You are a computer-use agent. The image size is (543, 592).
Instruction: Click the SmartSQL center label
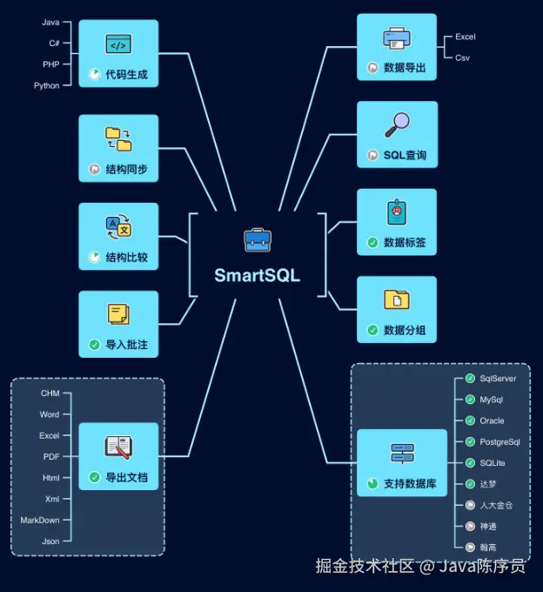pyautogui.click(x=257, y=275)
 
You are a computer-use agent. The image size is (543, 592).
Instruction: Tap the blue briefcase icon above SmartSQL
pyautogui.click(x=257, y=239)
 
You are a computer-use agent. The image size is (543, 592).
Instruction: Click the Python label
pyautogui.click(x=47, y=85)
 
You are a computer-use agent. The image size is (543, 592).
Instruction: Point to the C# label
pyautogui.click(x=54, y=43)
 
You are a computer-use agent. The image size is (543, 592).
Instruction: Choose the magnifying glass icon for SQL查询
pyautogui.click(x=397, y=125)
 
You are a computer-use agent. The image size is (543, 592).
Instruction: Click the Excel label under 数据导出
pyautogui.click(x=466, y=37)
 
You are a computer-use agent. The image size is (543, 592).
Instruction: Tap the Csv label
pyautogui.click(x=463, y=57)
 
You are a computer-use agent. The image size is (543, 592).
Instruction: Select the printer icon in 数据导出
pyautogui.click(x=397, y=38)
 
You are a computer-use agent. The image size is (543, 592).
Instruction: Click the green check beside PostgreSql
pyautogui.click(x=470, y=442)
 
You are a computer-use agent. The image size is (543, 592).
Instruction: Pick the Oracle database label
pyautogui.click(x=492, y=420)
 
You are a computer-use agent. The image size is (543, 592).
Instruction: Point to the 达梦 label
pyautogui.click(x=489, y=484)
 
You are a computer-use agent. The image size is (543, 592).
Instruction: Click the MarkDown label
pyautogui.click(x=40, y=520)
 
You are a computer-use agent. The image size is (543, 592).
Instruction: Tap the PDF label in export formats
pyautogui.click(x=51, y=456)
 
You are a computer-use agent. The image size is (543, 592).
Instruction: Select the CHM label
pyautogui.click(x=50, y=394)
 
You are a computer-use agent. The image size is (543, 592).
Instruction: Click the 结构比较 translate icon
pyautogui.click(x=118, y=228)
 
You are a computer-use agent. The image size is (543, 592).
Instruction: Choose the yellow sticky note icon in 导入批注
pyautogui.click(x=118, y=314)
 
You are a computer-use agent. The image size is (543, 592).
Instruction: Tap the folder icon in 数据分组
pyautogui.click(x=397, y=300)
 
